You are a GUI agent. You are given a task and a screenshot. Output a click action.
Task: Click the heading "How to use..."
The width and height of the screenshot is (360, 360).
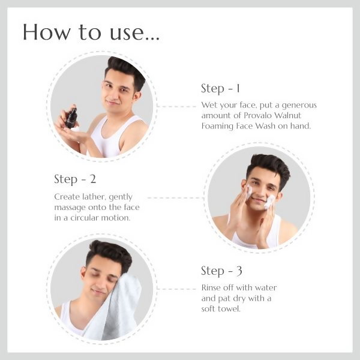[91, 32]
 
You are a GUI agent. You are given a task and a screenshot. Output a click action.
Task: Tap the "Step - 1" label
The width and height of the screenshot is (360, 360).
[221, 88]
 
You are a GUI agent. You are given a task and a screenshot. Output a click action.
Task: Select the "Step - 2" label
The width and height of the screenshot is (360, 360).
[75, 179]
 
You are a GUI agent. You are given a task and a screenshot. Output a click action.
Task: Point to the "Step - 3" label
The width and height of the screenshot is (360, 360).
[221, 271]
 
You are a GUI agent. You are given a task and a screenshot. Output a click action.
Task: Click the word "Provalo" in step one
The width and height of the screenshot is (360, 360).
[257, 115]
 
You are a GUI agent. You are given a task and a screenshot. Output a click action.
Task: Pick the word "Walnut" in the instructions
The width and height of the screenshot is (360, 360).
[287, 115]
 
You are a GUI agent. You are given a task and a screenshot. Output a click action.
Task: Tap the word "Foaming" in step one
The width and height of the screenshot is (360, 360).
[217, 126]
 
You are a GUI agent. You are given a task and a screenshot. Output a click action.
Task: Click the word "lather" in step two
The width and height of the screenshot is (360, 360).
[92, 197]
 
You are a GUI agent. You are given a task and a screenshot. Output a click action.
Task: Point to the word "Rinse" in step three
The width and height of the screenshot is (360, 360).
[211, 287]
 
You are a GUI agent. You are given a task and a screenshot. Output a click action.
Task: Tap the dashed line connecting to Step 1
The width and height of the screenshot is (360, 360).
[177, 107]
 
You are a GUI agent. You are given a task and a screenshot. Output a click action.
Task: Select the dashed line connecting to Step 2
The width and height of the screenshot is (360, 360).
[176, 197]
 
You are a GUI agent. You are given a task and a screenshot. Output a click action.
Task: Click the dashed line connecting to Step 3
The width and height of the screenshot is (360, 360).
[177, 289]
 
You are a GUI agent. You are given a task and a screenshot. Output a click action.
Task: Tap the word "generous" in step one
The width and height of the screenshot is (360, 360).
[299, 105]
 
